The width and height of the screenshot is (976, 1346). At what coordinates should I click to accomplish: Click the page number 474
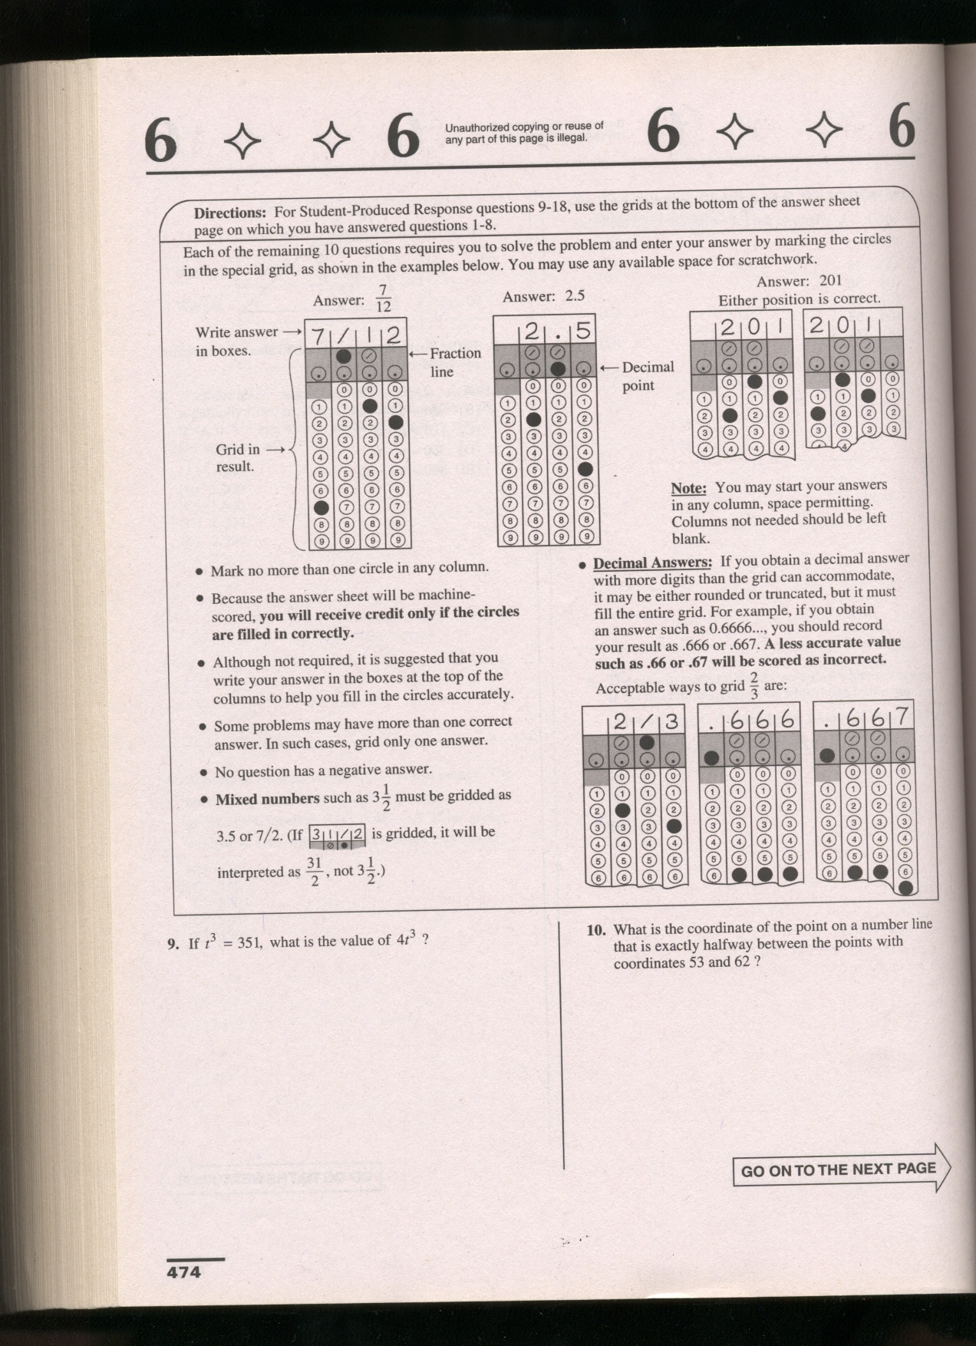coord(184,1272)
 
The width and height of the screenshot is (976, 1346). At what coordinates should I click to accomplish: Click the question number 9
coord(173,944)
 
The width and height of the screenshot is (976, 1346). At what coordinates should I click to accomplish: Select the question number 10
coord(596,930)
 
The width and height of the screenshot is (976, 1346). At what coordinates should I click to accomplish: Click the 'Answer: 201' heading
coord(799,282)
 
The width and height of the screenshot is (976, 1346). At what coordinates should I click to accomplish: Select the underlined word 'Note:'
coord(687,488)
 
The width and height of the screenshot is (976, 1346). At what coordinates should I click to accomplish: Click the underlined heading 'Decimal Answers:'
coord(652,562)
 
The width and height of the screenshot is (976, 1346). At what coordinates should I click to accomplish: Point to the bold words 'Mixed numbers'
coord(267,799)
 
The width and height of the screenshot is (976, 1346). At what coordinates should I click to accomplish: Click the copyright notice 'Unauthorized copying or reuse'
coord(524,132)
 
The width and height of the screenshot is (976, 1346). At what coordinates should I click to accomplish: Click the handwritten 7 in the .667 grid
coord(902,716)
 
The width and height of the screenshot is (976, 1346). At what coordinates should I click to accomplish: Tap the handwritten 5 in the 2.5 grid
coord(583,331)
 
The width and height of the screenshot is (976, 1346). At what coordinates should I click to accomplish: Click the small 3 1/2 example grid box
coord(336,836)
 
